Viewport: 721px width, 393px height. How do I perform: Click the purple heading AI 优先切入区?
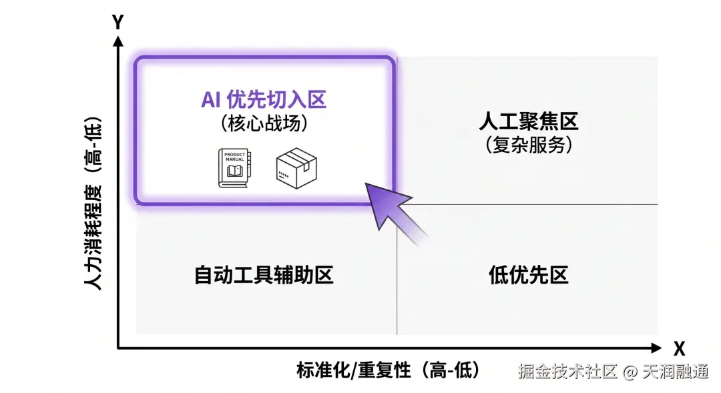[x=264, y=101]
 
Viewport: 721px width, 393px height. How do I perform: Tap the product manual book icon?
[x=233, y=167]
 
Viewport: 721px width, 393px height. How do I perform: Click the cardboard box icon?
[x=296, y=166]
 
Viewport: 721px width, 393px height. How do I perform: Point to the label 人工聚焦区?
[x=528, y=121]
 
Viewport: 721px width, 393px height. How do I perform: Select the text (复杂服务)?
[x=528, y=144]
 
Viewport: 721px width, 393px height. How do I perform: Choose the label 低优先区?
[x=528, y=275]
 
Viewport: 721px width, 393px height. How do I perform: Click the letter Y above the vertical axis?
[x=118, y=23]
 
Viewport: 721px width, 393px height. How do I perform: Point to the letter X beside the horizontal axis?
[x=680, y=348]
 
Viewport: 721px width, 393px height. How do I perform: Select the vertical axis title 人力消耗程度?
[x=93, y=204]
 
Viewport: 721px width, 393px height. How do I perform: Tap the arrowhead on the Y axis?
[x=118, y=41]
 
